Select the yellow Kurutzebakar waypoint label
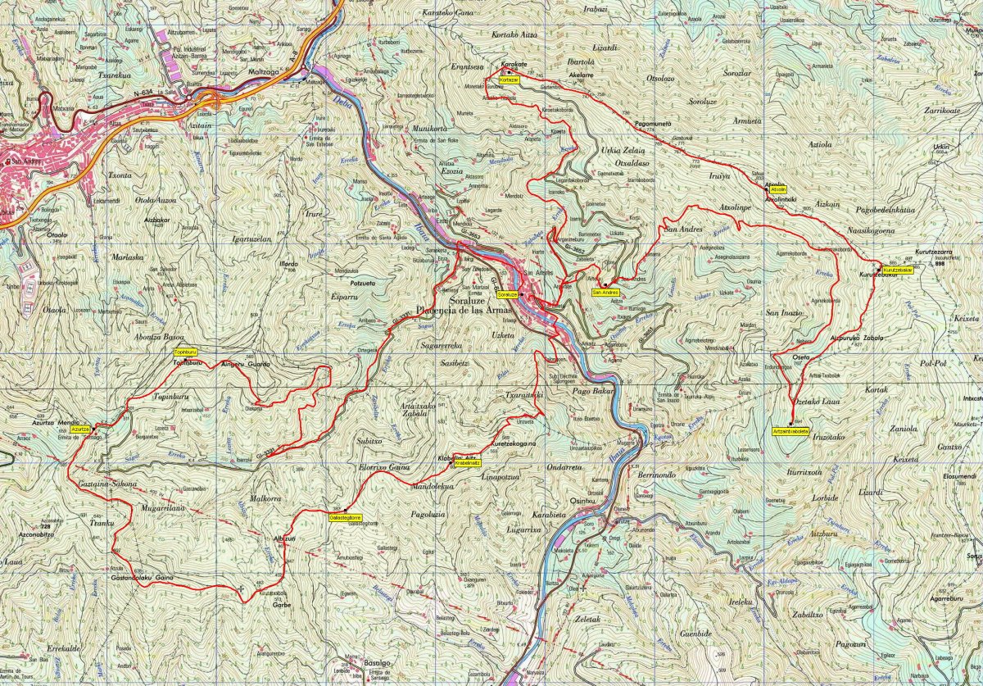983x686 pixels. [897, 270]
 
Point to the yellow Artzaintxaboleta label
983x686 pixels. [790, 430]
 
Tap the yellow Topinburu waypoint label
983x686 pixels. [185, 351]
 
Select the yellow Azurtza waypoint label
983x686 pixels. [80, 429]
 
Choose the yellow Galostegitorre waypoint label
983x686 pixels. [346, 518]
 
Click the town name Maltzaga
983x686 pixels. [265, 73]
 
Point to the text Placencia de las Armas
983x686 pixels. [464, 310]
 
